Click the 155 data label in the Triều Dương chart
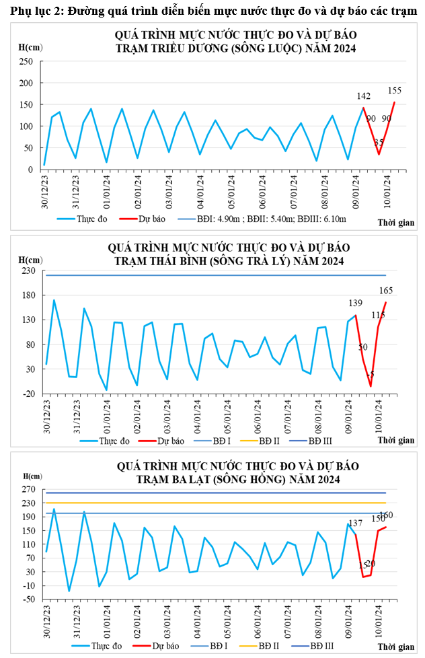coord(395,90)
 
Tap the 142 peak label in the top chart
coord(364,97)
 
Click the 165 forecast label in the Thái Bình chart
coord(386,291)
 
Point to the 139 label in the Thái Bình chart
coord(356,304)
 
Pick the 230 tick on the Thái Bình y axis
coord(26,270)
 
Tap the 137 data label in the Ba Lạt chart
coord(356,523)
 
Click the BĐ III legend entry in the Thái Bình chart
coord(320,441)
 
